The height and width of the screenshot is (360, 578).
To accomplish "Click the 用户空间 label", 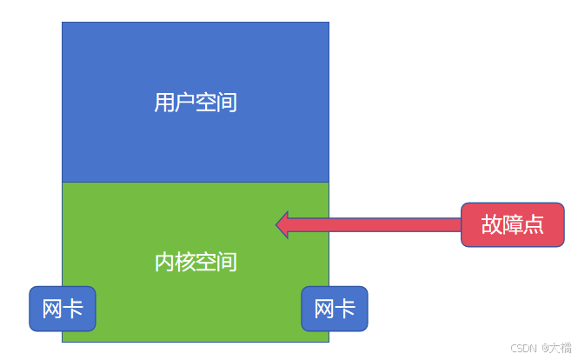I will (x=196, y=103).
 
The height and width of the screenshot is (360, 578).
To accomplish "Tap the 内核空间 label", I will (x=196, y=261).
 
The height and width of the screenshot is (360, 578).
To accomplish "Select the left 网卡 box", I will (x=63, y=309).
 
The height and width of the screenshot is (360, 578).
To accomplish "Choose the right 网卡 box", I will (x=335, y=309).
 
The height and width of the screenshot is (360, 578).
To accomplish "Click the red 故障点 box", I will (x=512, y=224).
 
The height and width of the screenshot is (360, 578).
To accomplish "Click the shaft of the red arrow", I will (x=374, y=224).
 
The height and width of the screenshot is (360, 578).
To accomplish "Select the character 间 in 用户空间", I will (x=227, y=103).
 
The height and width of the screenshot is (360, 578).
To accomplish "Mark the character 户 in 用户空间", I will (x=185, y=103).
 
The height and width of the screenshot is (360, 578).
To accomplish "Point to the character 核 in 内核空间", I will (x=185, y=261).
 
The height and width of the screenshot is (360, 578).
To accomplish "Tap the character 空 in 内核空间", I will (x=206, y=261).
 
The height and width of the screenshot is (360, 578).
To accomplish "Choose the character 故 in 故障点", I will (x=491, y=224).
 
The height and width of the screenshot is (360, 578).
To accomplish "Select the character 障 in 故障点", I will (x=512, y=224).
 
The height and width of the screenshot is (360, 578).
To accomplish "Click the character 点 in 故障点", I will (x=533, y=224).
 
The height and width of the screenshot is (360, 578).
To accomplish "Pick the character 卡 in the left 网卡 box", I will (x=73, y=309).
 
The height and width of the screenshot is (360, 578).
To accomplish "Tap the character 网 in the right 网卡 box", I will (x=324, y=309).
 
